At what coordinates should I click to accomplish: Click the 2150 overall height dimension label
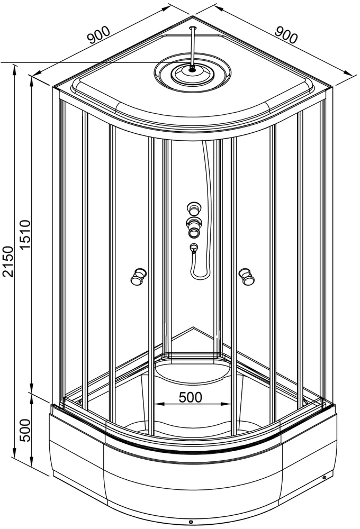tap(8, 261)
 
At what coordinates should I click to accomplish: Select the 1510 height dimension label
tap(25, 234)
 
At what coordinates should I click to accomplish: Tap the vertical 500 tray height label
tap(25, 431)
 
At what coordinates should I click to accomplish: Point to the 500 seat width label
tap(190, 397)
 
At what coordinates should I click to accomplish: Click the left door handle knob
tap(139, 276)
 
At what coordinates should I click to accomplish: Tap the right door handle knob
tap(247, 276)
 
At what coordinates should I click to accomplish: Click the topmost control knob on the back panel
tap(194, 207)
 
